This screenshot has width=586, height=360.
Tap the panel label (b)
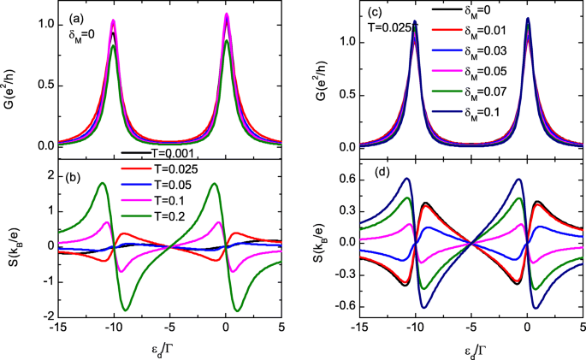click(x=76, y=167)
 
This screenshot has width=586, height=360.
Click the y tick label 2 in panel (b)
click(x=48, y=175)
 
